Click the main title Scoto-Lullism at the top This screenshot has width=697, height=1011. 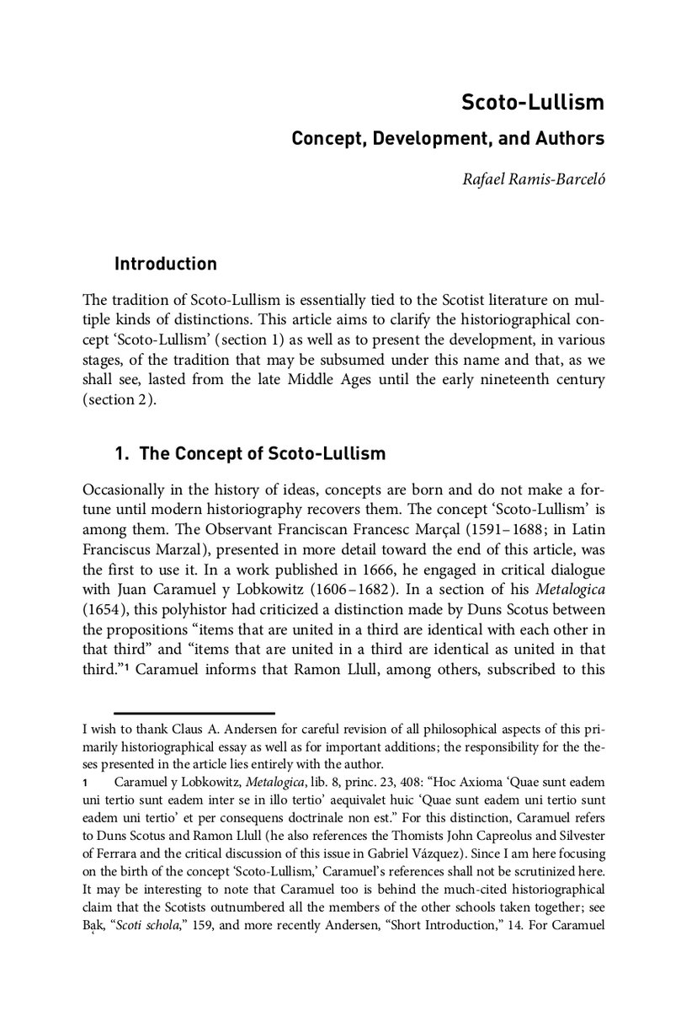click(532, 104)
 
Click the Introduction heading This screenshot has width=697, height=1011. click(165, 264)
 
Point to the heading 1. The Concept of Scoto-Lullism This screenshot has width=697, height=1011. click(249, 454)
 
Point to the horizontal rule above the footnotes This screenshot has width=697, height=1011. click(194, 714)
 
